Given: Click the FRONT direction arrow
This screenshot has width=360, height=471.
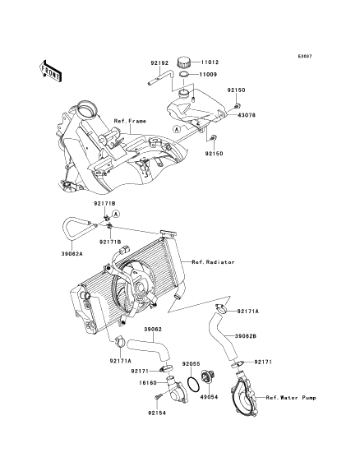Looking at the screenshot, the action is point(50,71).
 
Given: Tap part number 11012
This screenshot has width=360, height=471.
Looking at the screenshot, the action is point(210,62).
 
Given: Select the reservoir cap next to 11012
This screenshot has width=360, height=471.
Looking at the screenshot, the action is point(183,62).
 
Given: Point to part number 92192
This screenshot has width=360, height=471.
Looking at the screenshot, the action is point(159,63).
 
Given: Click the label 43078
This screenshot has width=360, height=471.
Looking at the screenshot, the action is point(247,115).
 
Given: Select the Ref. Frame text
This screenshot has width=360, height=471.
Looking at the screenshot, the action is point(130,121).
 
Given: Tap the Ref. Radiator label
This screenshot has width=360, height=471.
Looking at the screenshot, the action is point(213,262).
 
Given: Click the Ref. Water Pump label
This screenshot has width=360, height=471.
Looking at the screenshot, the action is point(291,398).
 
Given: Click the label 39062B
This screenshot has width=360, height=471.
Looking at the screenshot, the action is point(246,336).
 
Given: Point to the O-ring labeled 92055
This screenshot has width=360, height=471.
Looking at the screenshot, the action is point(192,384).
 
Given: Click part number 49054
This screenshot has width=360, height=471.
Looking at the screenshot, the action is point(209,397).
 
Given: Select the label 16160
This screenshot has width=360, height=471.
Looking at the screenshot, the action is point(148,383).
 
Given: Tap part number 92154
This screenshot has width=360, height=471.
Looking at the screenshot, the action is point(157,413).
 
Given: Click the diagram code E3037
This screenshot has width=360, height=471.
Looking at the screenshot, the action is point(305,56).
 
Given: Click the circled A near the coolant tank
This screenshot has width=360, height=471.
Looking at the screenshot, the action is point(177,129).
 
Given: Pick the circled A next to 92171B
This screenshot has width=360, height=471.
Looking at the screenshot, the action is point(116,214).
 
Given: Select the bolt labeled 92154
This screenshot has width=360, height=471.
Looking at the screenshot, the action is point(159,396).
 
